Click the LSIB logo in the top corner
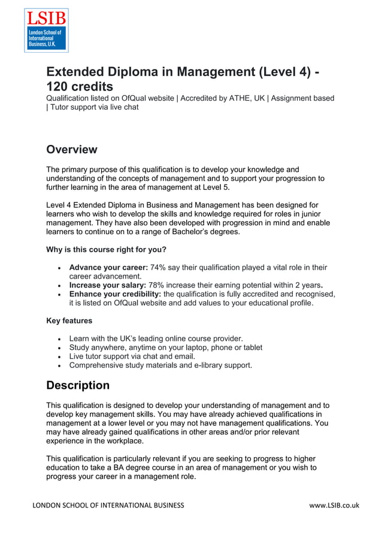point(46,31)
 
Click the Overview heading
point(71,149)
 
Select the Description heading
point(78,385)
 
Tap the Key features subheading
point(69,321)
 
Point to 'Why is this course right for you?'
point(106,249)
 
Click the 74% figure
point(158,267)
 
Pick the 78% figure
point(157,285)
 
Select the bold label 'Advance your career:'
point(108,267)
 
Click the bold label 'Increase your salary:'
point(107,285)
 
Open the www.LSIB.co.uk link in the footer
point(334,505)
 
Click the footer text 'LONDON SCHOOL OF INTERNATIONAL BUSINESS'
point(108,505)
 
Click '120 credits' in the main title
point(80,86)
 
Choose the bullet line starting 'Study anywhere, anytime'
point(165,347)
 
